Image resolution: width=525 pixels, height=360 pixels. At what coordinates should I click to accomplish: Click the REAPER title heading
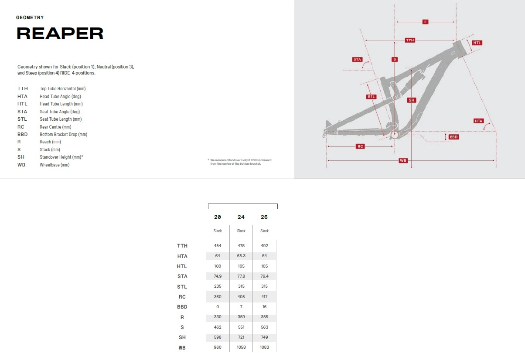click(60, 34)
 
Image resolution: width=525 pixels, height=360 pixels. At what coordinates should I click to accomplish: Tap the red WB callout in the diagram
click(403, 160)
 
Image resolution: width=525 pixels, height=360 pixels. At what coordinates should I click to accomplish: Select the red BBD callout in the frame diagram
click(453, 137)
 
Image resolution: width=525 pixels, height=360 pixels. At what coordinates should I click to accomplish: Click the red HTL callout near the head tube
click(477, 43)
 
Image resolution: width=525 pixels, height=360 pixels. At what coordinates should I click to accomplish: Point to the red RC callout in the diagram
click(360, 146)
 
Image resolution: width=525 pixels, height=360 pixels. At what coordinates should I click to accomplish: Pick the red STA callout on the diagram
click(357, 60)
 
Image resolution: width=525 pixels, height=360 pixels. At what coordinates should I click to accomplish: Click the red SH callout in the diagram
click(412, 100)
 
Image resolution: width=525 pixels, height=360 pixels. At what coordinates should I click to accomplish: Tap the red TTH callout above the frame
click(410, 40)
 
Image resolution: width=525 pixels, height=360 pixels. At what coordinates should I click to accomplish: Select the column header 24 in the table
click(241, 217)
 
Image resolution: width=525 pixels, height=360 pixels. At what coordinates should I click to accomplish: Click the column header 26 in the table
click(264, 217)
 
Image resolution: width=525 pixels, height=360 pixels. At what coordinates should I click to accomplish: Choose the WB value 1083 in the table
click(264, 347)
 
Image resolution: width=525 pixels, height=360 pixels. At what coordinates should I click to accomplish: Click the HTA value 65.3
click(241, 256)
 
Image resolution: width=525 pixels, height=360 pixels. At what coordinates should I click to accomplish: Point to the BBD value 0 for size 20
click(218, 306)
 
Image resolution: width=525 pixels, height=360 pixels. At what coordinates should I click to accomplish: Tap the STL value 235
click(218, 286)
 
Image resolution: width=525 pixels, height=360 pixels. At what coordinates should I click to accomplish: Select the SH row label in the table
click(182, 337)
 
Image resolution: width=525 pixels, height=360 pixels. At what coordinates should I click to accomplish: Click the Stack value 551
click(241, 327)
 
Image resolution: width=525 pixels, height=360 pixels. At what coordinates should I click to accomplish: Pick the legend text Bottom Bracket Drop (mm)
click(63, 134)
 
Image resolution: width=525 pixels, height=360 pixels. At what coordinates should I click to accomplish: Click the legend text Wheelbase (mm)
click(55, 165)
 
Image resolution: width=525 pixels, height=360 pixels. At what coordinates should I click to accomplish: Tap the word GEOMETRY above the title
click(30, 17)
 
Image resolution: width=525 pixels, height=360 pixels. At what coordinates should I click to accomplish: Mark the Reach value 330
click(218, 317)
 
